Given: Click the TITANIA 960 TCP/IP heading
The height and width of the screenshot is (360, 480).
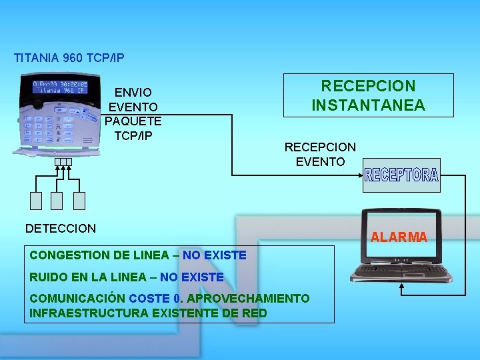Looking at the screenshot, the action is [69, 58].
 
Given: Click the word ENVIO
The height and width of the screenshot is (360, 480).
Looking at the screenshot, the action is [133, 93].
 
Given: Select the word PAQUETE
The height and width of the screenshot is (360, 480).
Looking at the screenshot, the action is [133, 121].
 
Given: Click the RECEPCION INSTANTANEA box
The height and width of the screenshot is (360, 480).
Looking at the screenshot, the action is [369, 95].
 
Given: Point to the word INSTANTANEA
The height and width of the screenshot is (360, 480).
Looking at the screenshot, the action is [369, 105].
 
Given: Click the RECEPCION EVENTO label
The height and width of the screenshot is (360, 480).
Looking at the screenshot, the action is [320, 154].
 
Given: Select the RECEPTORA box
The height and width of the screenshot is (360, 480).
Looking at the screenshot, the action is [401, 175].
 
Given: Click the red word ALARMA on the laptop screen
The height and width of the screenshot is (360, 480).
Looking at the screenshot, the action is [399, 237].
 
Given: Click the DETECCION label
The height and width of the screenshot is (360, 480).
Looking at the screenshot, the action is [61, 229].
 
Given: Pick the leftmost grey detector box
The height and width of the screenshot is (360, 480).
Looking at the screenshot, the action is [36, 200].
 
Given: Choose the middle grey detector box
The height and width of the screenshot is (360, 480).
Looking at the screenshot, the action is [57, 200].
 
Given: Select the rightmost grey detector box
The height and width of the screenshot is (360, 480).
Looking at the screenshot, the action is [79, 200].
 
